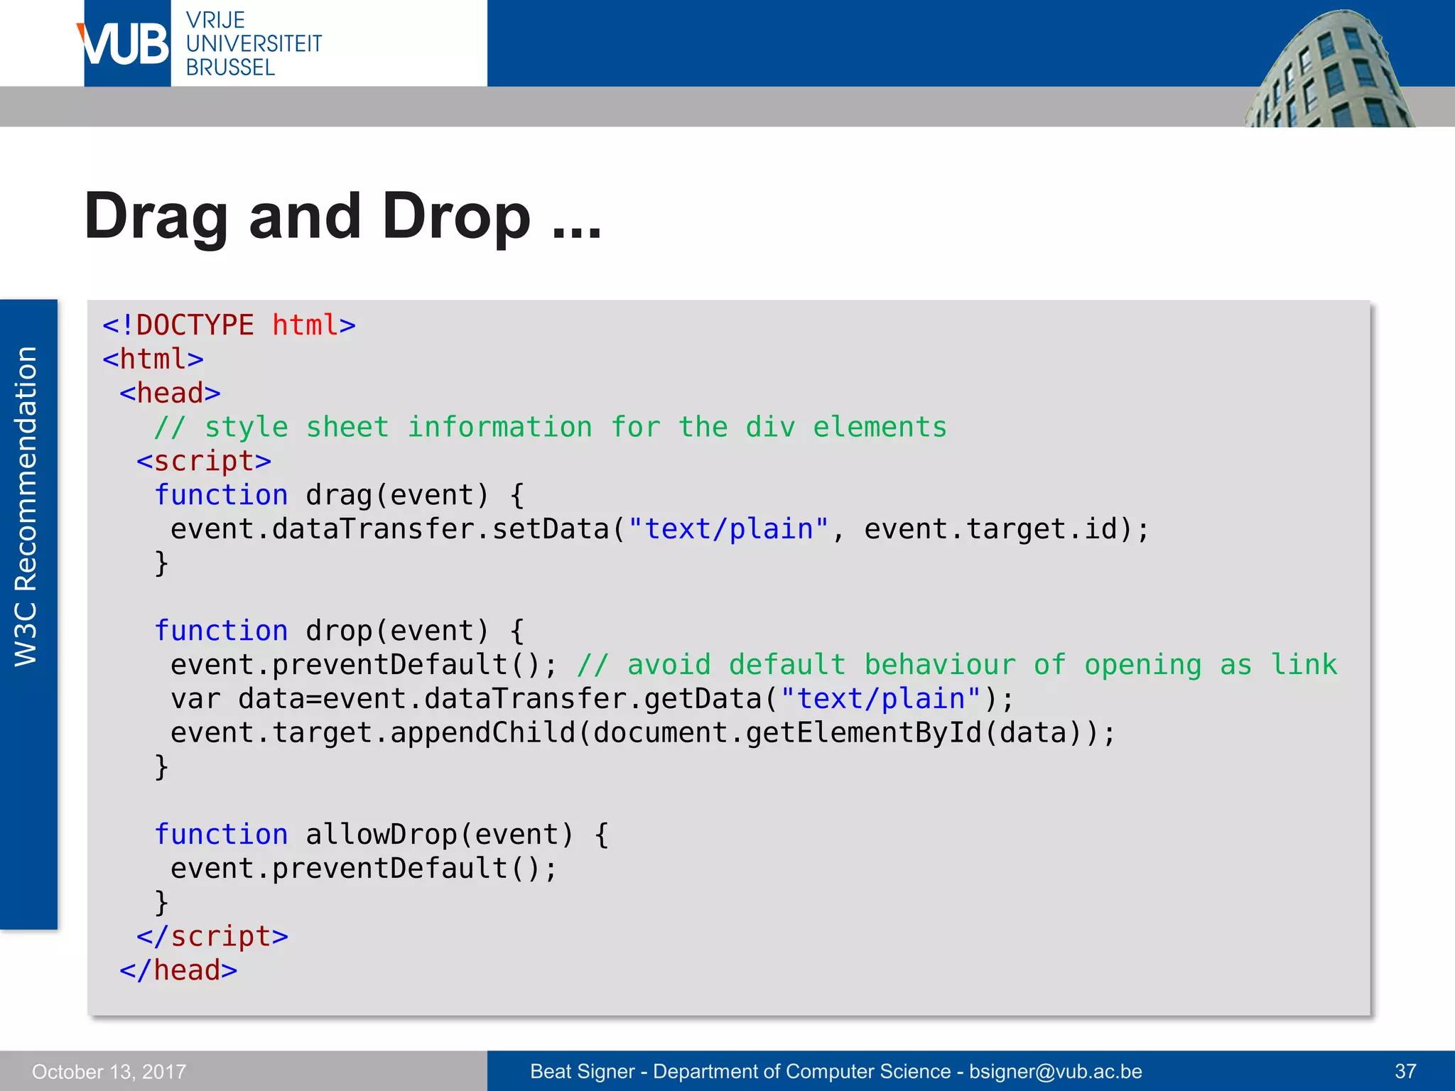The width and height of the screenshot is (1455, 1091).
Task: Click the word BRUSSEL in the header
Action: [x=230, y=68]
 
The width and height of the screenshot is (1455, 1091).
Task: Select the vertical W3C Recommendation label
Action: [x=26, y=506]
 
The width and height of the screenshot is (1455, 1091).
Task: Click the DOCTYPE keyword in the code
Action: [x=194, y=325]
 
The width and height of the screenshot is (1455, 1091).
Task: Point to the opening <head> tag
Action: [x=170, y=393]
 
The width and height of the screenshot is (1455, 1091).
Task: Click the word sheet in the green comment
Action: [x=347, y=427]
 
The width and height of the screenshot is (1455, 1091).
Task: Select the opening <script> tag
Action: [x=204, y=461]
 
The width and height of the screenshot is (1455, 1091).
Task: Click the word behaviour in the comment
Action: [x=939, y=665]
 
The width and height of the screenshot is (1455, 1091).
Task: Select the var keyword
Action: [x=195, y=699]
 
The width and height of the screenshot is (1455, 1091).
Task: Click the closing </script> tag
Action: [x=212, y=936]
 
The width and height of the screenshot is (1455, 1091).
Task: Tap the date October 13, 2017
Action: [x=109, y=1071]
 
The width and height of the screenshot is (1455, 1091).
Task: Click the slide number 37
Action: [x=1405, y=1071]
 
